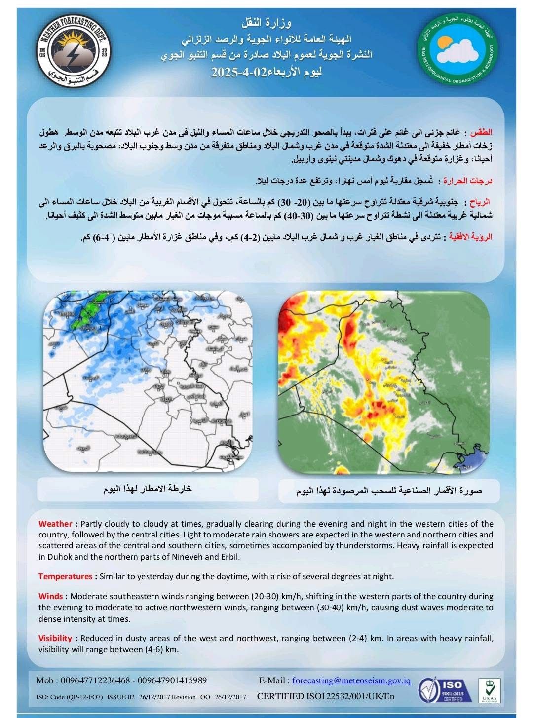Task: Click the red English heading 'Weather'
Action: [x=55, y=524]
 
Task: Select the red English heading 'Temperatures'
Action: [x=65, y=576]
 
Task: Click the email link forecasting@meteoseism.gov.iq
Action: [x=351, y=680]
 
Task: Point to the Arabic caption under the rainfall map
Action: [x=148, y=489]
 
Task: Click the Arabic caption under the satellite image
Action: [x=389, y=491]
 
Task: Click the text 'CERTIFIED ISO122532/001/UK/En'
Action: [x=326, y=697]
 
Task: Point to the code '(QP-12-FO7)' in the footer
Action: [x=84, y=697]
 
